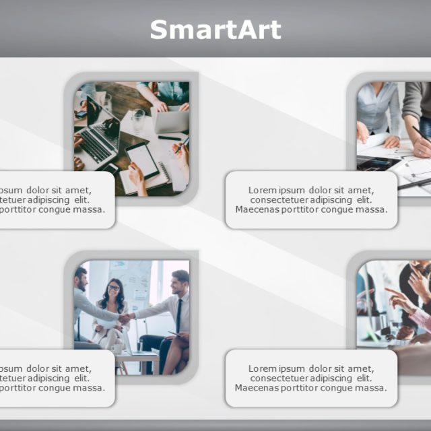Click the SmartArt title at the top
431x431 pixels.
(x=215, y=30)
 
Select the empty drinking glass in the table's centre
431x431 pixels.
(x=139, y=119)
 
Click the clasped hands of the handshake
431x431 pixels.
(x=127, y=317)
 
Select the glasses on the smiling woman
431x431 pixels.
(x=113, y=288)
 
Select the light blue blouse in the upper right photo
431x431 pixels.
(x=377, y=108)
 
